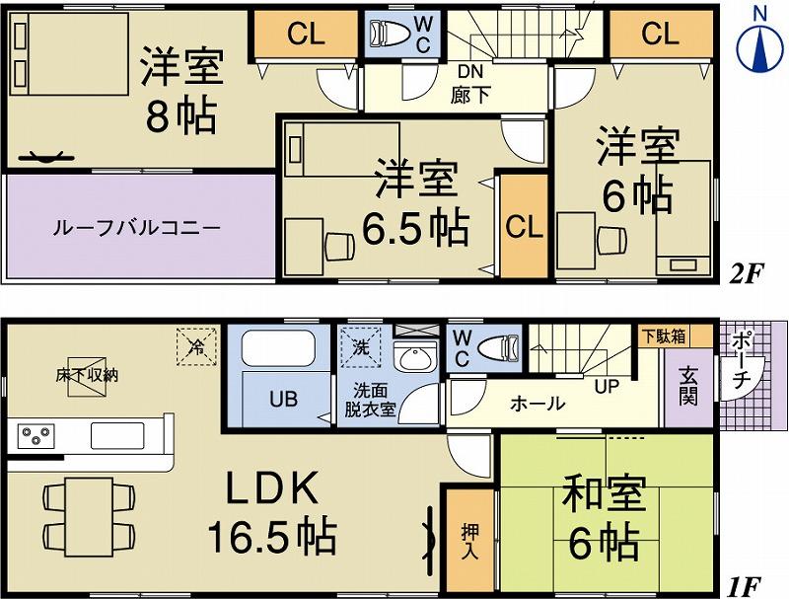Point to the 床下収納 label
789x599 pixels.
coord(88,375)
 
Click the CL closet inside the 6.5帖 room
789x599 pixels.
coord(523,227)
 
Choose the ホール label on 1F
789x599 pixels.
coord(538,403)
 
